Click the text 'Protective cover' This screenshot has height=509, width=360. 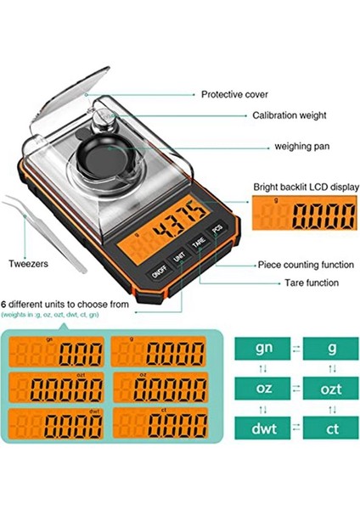[x=236, y=94]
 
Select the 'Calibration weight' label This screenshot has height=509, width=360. [x=277, y=115]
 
